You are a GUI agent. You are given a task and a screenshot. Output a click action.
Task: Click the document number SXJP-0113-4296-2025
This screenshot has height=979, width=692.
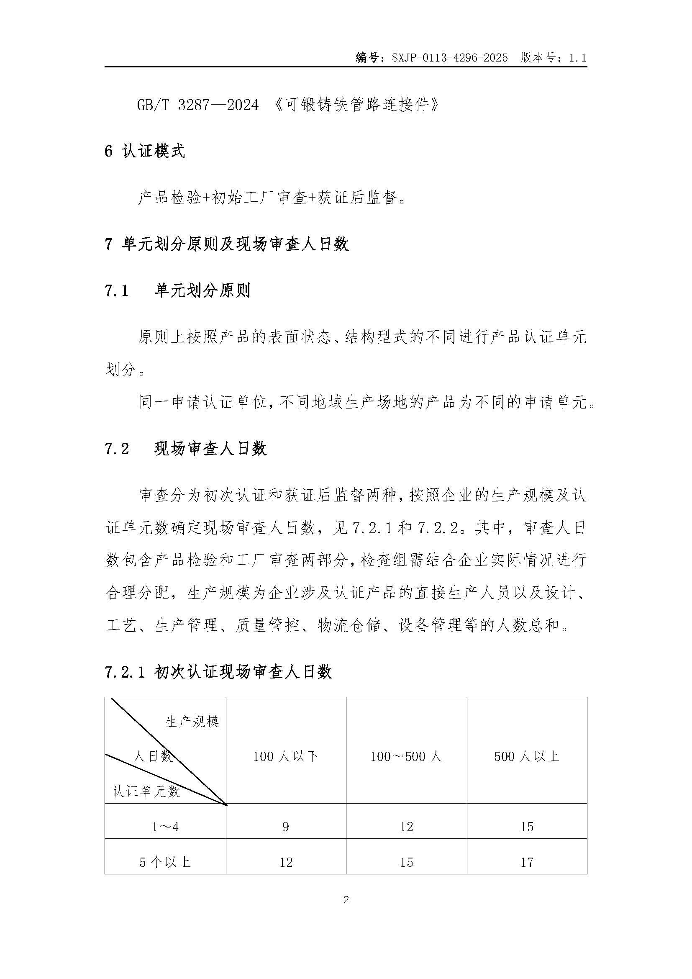coord(449,58)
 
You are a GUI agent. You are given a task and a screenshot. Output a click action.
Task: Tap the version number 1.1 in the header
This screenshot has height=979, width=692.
coord(577,58)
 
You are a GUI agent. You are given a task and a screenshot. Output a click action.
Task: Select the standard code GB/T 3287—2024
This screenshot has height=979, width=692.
coord(198,105)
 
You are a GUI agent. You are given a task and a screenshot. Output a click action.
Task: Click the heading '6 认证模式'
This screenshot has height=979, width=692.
coord(145,152)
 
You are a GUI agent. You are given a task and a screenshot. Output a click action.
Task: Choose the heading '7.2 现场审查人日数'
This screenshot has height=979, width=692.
coord(186,449)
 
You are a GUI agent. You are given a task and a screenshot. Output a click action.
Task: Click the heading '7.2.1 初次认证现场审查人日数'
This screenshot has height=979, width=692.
coord(218,673)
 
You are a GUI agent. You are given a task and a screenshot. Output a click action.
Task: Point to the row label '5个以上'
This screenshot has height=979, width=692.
coord(165,863)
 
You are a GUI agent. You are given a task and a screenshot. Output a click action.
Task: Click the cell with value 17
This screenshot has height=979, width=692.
coord(527,863)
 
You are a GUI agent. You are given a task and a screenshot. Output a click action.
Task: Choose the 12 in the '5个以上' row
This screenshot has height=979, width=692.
coord(286,863)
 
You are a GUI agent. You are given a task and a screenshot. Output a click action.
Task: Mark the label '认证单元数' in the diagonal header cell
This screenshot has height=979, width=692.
coord(146,792)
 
